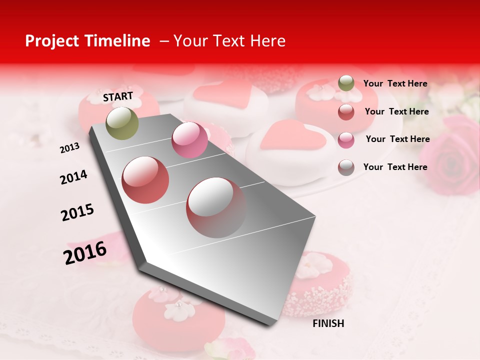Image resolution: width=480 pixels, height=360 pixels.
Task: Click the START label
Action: coord(118,96)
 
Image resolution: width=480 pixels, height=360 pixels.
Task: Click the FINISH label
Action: coord(328,323)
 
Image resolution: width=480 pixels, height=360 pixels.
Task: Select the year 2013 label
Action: coord(70,148)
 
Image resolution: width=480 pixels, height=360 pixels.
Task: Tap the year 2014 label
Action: coord(73,177)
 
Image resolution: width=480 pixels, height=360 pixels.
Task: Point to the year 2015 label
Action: coord(77,212)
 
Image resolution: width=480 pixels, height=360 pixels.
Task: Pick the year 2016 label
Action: coord(85,253)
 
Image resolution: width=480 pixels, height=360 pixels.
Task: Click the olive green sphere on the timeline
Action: coord(122,123)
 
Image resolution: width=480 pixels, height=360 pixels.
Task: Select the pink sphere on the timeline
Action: coord(189,140)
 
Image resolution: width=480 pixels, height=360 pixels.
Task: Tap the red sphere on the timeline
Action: coord(145,180)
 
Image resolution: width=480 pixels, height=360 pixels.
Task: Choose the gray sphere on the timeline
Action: coord(216,207)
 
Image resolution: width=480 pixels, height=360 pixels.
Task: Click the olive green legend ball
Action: coord(346,83)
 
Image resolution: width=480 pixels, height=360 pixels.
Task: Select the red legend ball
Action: coord(346,112)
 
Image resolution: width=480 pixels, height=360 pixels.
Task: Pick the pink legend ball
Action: coord(346,140)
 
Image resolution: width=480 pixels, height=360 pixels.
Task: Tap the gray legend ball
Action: coord(346,167)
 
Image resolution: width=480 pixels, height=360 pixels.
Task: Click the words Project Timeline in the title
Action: coord(87,41)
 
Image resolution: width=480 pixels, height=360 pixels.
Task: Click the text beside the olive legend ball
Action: coord(395,84)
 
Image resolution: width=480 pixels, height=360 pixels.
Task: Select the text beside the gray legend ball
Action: coord(395,167)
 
